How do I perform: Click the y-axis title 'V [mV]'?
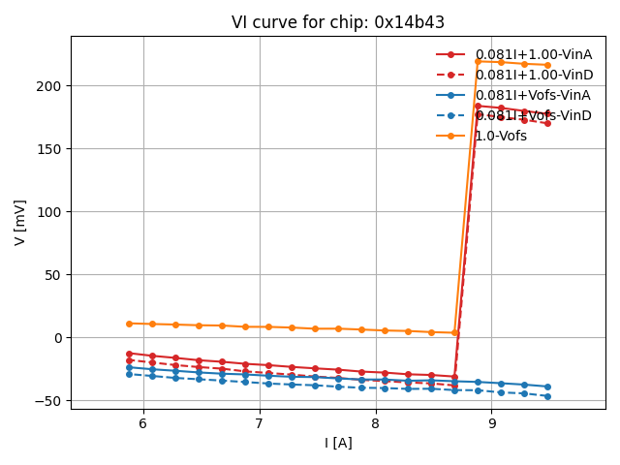point(20,222)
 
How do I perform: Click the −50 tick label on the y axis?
point(48,401)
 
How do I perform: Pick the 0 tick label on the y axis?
point(58,338)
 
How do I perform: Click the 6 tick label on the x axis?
point(143,423)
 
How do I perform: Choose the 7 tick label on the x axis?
point(260,423)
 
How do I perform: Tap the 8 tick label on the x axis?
point(376,423)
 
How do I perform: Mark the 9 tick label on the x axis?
point(492,423)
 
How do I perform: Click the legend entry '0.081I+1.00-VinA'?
point(533,54)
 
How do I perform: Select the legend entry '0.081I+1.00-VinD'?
point(533,75)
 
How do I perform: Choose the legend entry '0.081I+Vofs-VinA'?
point(532,95)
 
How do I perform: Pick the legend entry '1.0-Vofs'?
point(501,136)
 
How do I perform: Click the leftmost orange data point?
point(129,324)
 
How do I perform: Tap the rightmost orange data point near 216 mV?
point(547,65)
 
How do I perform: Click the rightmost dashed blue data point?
point(547,396)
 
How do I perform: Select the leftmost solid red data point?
point(129,354)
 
